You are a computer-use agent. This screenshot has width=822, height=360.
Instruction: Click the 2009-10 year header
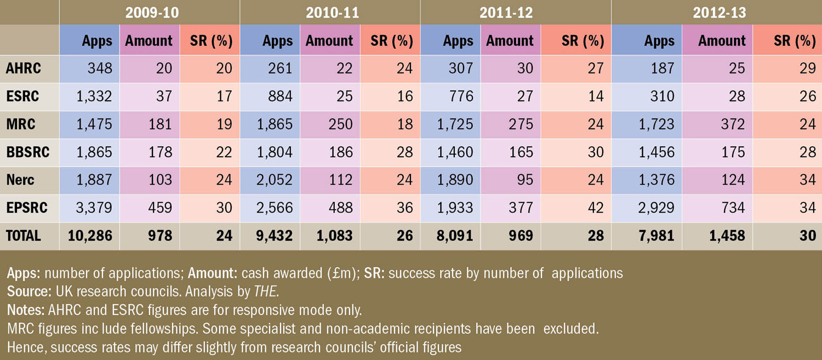[x=152, y=12]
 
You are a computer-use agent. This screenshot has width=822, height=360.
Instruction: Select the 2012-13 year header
[x=720, y=12]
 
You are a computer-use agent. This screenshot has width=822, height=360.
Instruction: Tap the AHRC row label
[x=23, y=68]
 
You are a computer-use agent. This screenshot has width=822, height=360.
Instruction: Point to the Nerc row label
[x=20, y=180]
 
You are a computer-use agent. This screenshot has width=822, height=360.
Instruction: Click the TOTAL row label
[x=24, y=236]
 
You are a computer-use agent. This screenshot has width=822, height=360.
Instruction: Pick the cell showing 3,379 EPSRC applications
[x=92, y=208]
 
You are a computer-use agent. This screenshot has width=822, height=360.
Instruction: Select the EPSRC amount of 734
[x=729, y=208]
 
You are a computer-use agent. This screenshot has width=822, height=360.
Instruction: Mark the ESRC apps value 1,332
[x=92, y=96]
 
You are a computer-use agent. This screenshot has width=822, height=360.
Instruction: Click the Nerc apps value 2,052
[x=272, y=180]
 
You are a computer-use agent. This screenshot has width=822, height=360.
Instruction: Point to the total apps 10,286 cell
[x=90, y=236]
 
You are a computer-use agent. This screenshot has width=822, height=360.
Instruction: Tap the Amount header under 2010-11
[x=329, y=41]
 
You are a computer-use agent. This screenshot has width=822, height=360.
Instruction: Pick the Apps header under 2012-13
[x=659, y=41]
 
